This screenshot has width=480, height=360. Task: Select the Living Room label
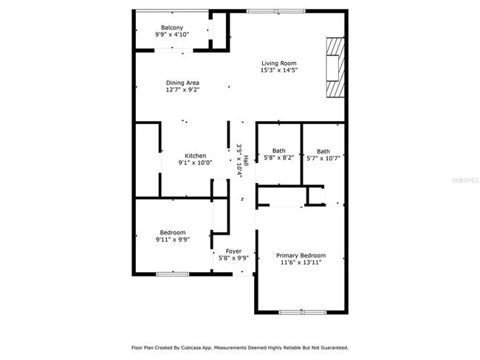(x=278, y=63)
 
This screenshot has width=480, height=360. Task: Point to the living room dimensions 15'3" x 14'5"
(x=278, y=71)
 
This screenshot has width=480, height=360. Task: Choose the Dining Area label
(x=182, y=83)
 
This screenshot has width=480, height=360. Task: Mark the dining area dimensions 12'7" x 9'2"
(x=182, y=90)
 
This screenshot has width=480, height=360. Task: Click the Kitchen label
(x=195, y=156)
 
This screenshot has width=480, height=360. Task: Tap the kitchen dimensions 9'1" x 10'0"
(x=195, y=163)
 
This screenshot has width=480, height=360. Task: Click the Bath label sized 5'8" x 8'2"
(x=278, y=150)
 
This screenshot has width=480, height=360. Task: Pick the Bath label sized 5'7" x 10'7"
(x=323, y=150)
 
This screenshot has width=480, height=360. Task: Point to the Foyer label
(x=233, y=251)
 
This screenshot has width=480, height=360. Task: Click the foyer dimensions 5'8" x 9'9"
(x=233, y=258)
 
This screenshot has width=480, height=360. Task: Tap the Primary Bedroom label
(x=301, y=255)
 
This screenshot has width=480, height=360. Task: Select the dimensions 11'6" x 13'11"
(x=301, y=263)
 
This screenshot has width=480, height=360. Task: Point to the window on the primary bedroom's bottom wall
(x=301, y=312)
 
